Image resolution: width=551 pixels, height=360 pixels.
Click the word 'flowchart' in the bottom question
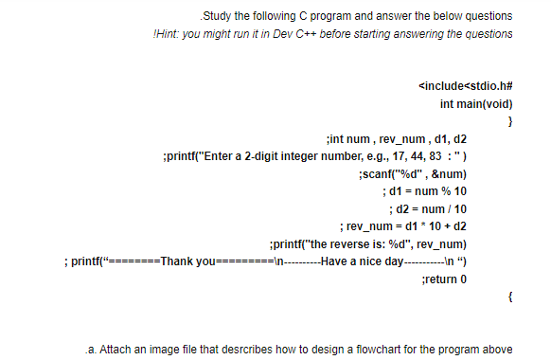point(378,348)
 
